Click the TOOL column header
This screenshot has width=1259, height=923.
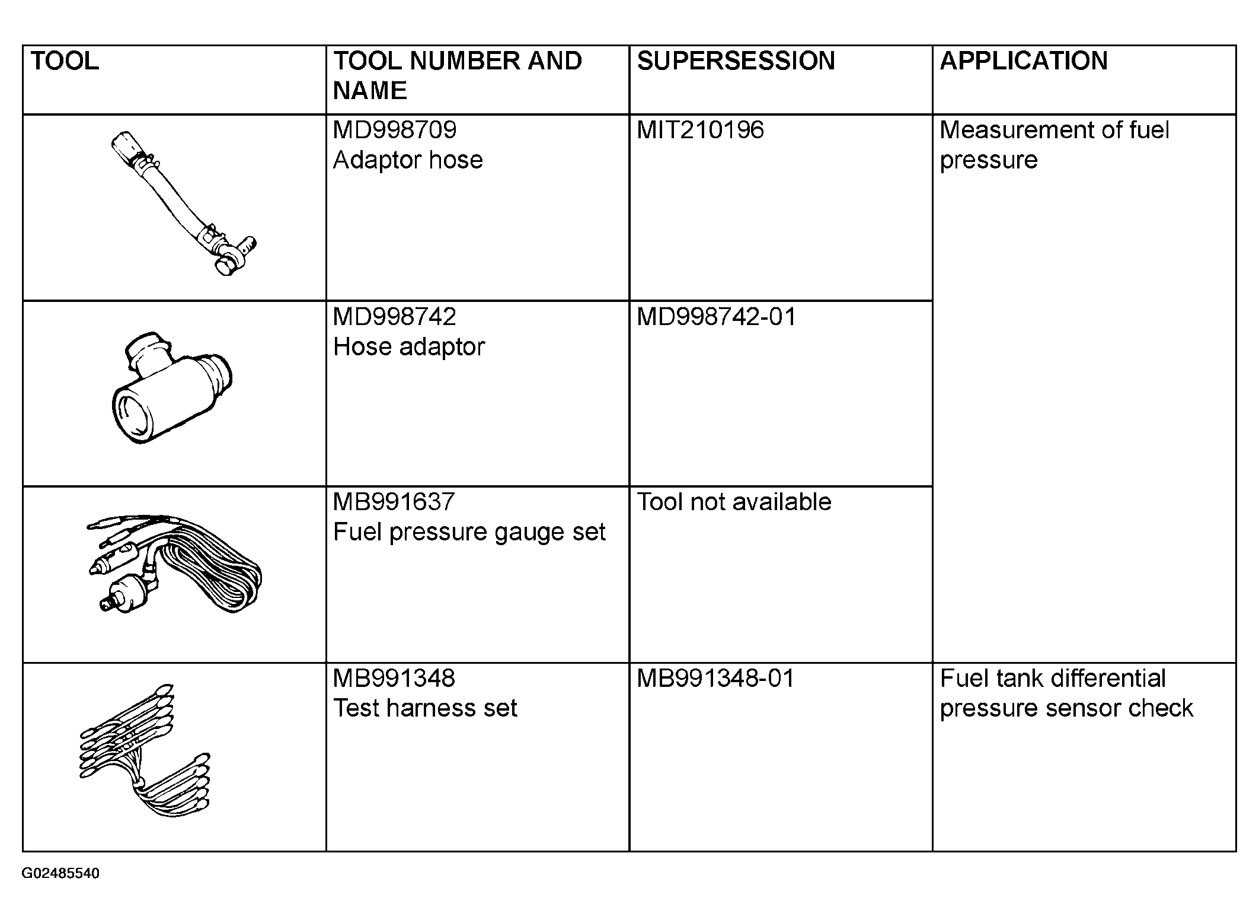click(65, 61)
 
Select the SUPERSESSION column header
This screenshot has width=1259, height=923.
click(736, 61)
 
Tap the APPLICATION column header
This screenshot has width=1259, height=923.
click(1024, 61)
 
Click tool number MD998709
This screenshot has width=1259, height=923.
click(395, 130)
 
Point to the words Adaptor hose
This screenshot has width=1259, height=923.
click(408, 160)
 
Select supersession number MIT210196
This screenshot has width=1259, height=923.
click(700, 130)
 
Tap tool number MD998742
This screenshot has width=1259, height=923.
click(395, 317)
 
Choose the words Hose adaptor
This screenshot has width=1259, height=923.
click(409, 347)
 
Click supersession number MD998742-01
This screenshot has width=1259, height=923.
click(716, 317)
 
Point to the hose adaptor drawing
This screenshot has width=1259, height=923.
click(171, 388)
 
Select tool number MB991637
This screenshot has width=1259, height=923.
click(394, 502)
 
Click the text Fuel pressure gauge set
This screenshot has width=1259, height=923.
click(469, 532)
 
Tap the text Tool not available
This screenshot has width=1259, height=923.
click(734, 502)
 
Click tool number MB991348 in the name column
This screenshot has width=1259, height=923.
click(394, 678)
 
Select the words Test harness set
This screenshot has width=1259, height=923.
click(425, 708)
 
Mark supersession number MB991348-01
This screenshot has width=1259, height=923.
click(715, 678)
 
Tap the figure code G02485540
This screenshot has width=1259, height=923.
click(60, 874)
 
